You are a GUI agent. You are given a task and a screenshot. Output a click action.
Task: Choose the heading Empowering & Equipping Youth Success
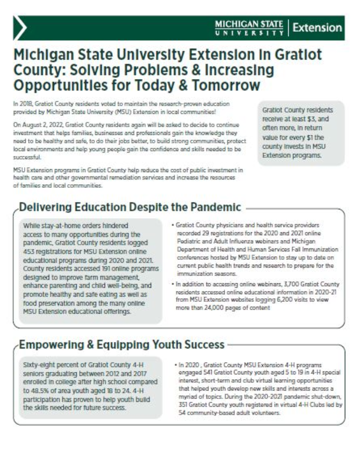122,346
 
